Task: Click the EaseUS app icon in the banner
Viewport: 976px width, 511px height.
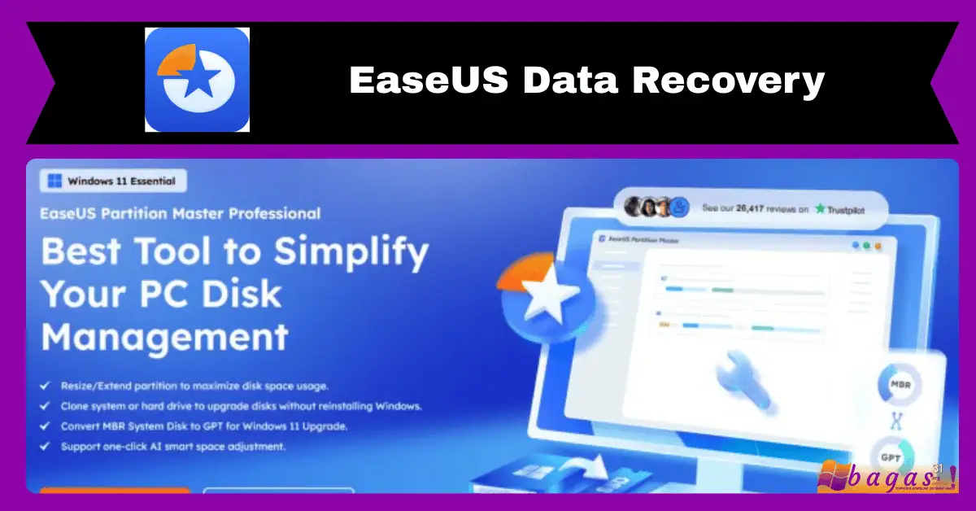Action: tap(197, 80)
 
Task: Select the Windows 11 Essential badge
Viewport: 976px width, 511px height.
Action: tap(113, 181)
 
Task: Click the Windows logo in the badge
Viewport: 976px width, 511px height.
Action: tap(55, 181)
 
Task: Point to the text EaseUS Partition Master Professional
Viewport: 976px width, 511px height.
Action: tap(181, 214)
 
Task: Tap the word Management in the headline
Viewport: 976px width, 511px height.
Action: tap(165, 336)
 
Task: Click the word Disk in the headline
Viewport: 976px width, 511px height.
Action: tap(242, 295)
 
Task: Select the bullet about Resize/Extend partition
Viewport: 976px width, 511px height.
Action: tap(194, 385)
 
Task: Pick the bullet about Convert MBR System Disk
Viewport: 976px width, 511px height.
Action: tap(204, 426)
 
